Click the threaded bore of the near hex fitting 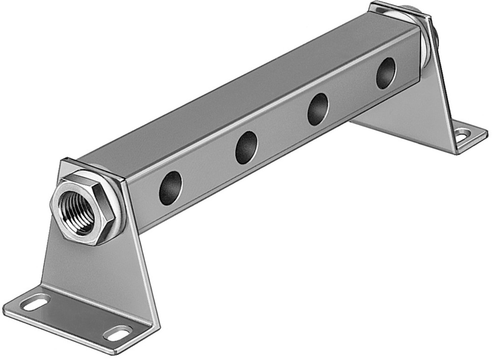tap(76, 210)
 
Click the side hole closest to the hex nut tap(170, 188)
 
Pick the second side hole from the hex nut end tap(246, 148)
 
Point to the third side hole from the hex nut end tap(318, 109)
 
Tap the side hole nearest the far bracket tap(386, 73)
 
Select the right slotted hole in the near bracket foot tap(117, 333)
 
